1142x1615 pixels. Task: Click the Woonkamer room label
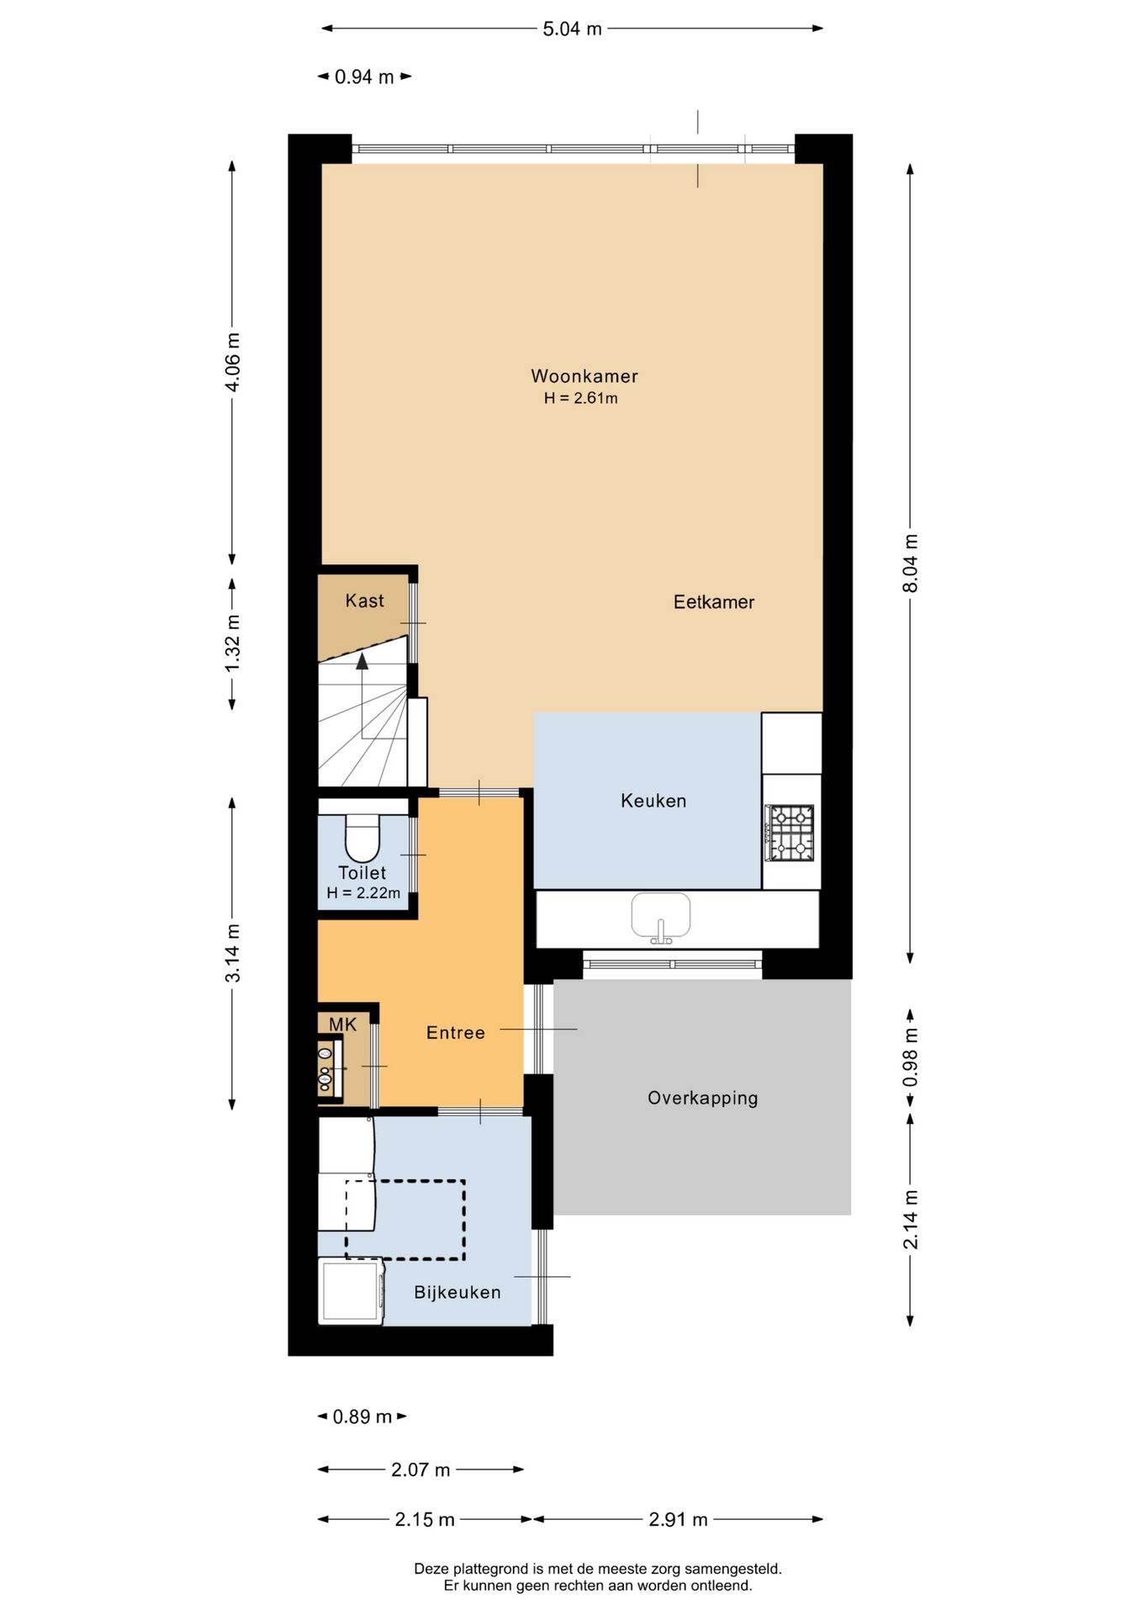point(584,376)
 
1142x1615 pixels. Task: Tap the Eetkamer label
point(714,602)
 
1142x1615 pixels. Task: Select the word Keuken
point(653,801)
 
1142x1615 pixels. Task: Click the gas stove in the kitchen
point(790,833)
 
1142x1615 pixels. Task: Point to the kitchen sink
point(661,916)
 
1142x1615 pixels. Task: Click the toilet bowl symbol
point(362,838)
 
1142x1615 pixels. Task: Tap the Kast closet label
point(364,601)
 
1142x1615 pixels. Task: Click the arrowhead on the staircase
point(362,661)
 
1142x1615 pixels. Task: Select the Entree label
point(456,1033)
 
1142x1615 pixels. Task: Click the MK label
point(343,1025)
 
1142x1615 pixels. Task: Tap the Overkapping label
point(703,1099)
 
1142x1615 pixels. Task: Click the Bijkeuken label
point(457,1292)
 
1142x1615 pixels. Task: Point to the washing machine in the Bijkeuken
point(351,1290)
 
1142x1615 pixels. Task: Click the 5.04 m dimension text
point(573,29)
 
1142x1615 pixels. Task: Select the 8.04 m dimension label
point(911,564)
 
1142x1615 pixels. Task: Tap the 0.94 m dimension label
point(365,77)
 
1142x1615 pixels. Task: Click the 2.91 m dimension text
point(679,1520)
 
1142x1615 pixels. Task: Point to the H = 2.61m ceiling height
point(581,399)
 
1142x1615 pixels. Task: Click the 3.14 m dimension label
point(233,953)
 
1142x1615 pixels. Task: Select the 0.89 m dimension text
point(362,1417)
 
